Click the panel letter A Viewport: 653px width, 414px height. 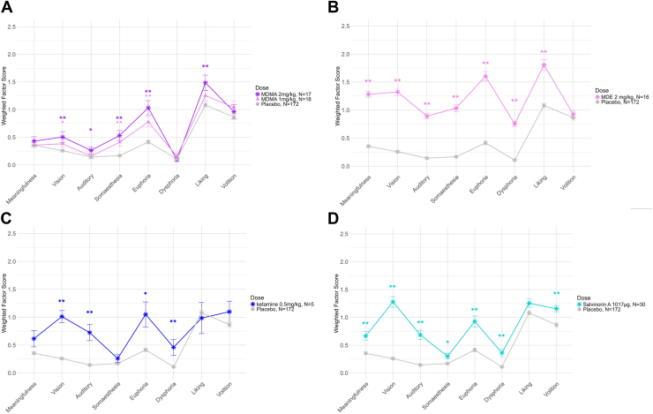click(7, 7)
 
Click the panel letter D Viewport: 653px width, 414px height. click(334, 215)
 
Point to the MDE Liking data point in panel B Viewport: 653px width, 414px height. click(544, 65)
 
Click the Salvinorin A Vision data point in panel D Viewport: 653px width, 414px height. click(391, 302)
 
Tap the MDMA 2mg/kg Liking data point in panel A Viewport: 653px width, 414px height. click(205, 83)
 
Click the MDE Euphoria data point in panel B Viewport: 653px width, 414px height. click(485, 76)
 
